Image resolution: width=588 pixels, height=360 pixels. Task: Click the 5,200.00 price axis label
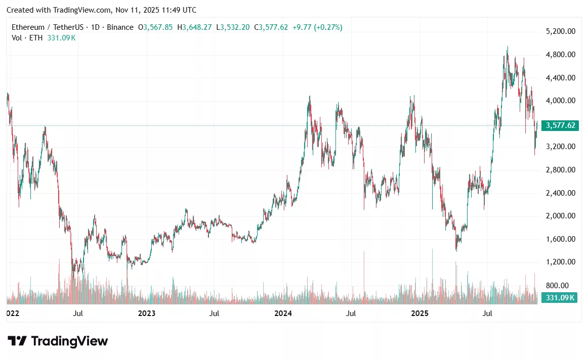(x=561, y=31)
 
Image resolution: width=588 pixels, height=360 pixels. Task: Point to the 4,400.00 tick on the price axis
(x=561, y=78)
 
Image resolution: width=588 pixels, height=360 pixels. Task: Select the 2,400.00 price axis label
(x=561, y=193)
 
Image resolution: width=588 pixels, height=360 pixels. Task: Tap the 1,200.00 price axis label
(x=561, y=262)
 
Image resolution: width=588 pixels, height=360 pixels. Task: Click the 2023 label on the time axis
(x=147, y=313)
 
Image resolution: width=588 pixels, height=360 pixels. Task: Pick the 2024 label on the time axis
(x=283, y=313)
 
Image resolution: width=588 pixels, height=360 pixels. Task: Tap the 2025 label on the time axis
(x=419, y=313)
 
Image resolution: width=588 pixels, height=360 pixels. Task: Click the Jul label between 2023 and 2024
(x=215, y=313)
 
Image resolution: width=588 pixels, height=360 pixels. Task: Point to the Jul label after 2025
(x=487, y=313)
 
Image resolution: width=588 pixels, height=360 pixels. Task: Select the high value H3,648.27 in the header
(x=197, y=27)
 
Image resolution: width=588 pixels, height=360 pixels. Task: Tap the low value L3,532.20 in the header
(x=233, y=27)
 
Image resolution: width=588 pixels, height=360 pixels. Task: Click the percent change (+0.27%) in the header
(x=328, y=27)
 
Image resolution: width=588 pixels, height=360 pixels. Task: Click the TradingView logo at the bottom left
(x=57, y=341)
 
